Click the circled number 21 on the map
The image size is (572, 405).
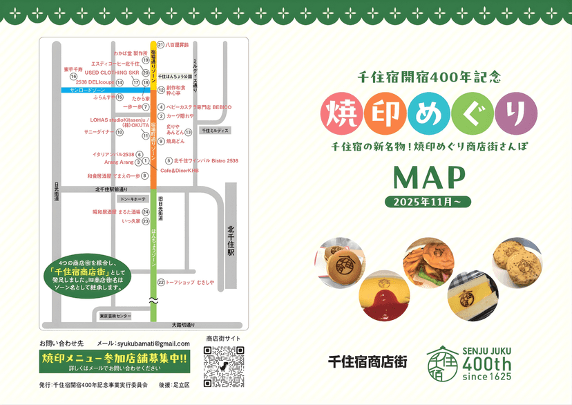[160, 45]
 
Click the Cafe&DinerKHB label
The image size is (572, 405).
[179, 170]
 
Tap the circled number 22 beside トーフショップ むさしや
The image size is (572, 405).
[160, 282]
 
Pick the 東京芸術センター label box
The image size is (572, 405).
[115, 316]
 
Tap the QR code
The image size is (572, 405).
[224, 364]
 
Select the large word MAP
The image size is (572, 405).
[428, 178]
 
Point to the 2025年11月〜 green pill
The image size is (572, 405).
[428, 202]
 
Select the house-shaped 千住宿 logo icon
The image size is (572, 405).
[444, 363]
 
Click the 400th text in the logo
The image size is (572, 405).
[486, 364]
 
